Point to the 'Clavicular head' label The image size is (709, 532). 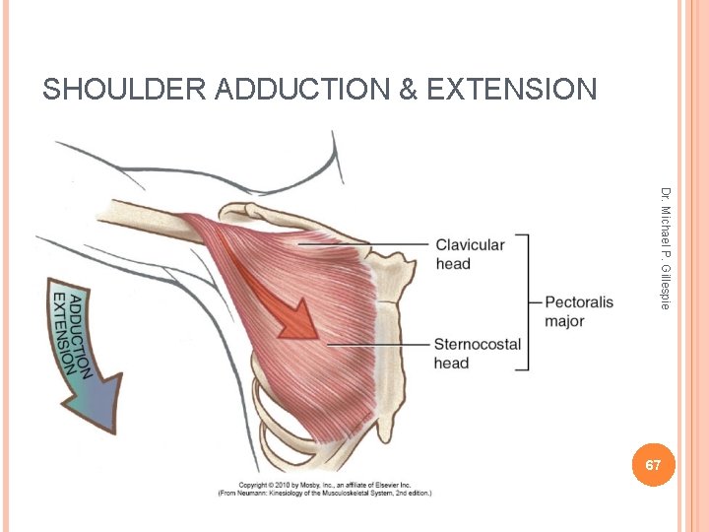(469, 254)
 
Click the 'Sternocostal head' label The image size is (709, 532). (478, 353)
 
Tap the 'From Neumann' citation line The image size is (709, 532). (324, 493)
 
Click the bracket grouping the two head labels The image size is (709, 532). (527, 302)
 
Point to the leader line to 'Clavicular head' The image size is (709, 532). (364, 244)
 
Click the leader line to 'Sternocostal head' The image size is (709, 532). (379, 344)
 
